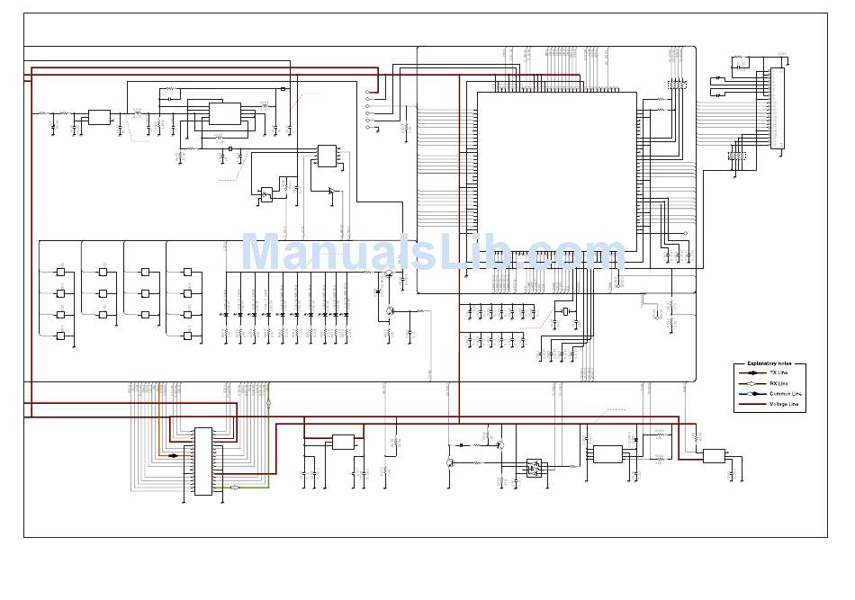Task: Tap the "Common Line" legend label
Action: [x=785, y=394]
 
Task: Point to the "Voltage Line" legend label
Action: [x=784, y=405]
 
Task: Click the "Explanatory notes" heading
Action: [x=770, y=363]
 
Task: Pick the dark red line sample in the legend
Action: [x=753, y=405]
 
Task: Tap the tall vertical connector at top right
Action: [x=777, y=108]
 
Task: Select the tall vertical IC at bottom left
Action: [x=203, y=461]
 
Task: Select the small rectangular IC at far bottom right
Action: [x=714, y=456]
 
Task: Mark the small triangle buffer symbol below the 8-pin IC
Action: [x=332, y=191]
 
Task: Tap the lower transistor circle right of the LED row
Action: [x=390, y=311]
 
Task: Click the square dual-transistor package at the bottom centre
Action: [x=535, y=468]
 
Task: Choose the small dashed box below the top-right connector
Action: [x=737, y=157]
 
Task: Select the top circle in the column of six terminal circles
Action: [x=367, y=92]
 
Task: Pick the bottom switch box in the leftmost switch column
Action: [x=61, y=336]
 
